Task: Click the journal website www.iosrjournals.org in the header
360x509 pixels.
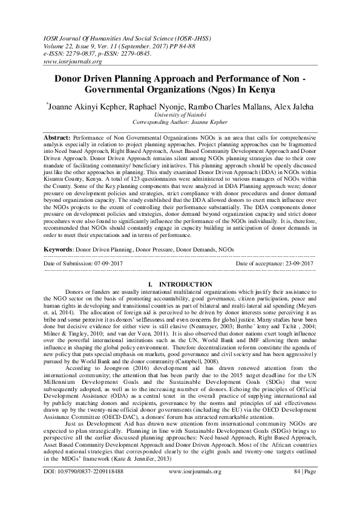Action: tap(72, 61)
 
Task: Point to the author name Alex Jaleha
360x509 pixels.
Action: tap(290, 105)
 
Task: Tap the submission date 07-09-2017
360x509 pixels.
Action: tap(115, 264)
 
